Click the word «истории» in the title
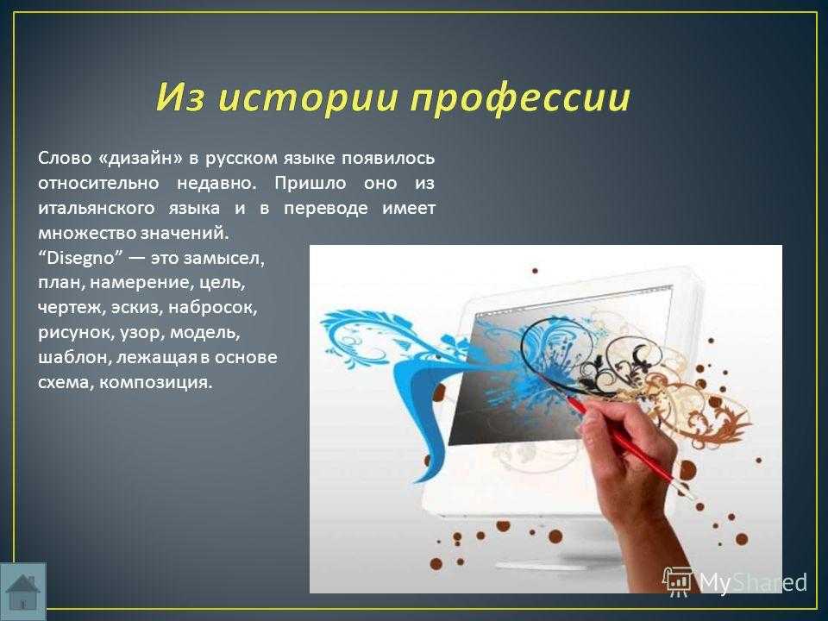click(x=307, y=97)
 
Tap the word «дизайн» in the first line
click(x=141, y=159)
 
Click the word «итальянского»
click(x=96, y=208)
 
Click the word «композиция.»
click(x=156, y=383)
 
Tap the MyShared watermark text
click(x=753, y=583)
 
